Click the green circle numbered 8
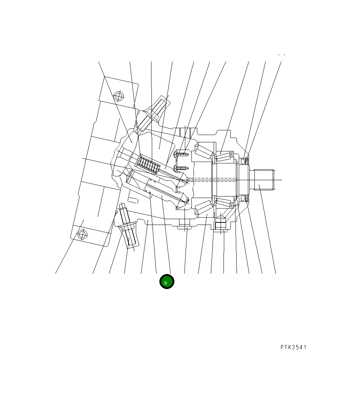click(x=167, y=282)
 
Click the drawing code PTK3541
click(x=293, y=347)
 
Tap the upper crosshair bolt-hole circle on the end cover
click(x=119, y=96)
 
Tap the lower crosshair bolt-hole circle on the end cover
click(x=82, y=235)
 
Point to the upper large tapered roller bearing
click(x=204, y=152)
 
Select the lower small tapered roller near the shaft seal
click(x=223, y=202)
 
